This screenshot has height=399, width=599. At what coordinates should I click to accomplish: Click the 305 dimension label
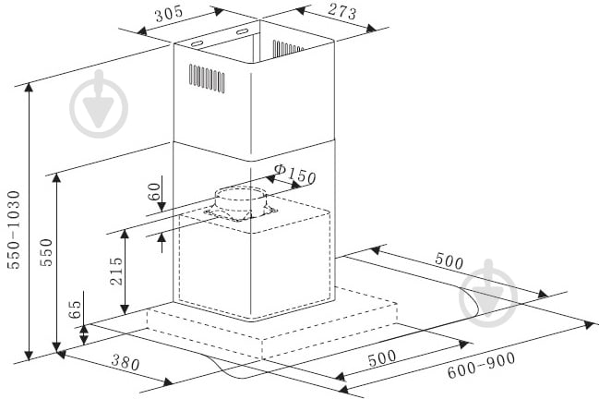[x=169, y=14]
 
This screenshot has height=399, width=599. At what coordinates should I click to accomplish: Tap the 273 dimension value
[x=341, y=11]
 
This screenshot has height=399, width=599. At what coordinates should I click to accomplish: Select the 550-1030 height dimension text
[x=14, y=230]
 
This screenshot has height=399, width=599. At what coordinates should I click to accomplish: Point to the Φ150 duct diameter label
[x=295, y=174]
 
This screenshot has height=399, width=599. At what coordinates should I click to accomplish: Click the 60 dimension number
[x=154, y=192]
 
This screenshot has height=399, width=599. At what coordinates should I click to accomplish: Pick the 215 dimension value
[x=116, y=271]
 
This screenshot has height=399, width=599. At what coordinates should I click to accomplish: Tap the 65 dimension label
[x=75, y=309]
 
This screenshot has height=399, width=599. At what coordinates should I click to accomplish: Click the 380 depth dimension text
[x=126, y=362]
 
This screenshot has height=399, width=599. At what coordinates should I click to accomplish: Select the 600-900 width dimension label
[x=482, y=366]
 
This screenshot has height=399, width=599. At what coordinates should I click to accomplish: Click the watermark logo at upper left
[x=99, y=104]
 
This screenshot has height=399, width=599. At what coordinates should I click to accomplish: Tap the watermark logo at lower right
[x=488, y=294]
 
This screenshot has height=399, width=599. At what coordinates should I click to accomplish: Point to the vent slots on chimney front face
[x=207, y=78]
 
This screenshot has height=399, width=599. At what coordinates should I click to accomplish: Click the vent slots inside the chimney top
[x=288, y=48]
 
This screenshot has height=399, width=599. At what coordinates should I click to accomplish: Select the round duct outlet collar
[x=240, y=204]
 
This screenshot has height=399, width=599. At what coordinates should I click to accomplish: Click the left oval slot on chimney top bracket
[x=197, y=43]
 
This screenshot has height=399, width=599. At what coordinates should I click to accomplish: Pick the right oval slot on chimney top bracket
[x=242, y=31]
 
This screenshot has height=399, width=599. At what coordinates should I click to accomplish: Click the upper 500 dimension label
[x=449, y=261]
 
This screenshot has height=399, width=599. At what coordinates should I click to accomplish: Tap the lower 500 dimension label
[x=382, y=357]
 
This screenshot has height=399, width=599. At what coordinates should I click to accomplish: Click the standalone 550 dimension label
[x=46, y=252]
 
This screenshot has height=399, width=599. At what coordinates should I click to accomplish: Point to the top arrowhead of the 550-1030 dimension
[x=29, y=88]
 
